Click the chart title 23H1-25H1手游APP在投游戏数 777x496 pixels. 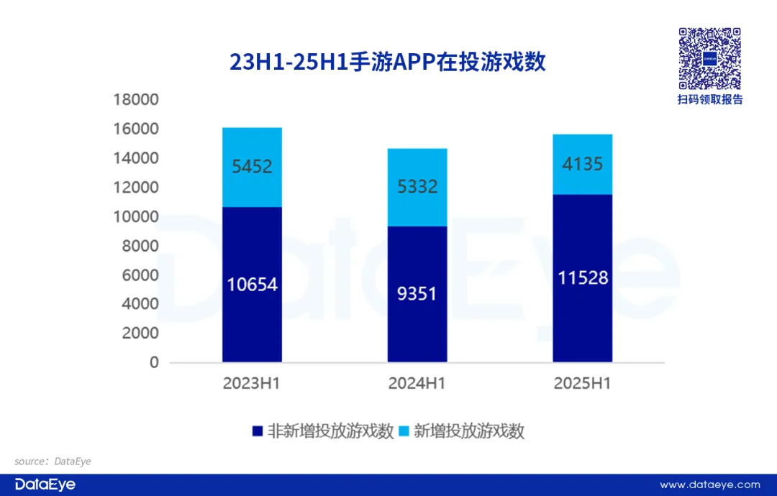point(388,63)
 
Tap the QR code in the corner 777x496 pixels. point(709,58)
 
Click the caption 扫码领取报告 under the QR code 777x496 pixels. point(709,100)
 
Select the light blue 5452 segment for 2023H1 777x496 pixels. point(252,167)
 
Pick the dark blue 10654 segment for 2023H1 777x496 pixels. point(252,285)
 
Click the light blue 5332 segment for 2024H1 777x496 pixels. point(417,187)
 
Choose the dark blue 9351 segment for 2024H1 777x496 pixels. point(417,293)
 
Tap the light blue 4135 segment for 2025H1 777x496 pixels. point(582,164)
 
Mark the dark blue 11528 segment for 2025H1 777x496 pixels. point(582,277)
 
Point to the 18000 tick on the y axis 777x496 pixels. point(136,99)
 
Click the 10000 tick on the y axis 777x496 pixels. point(136,216)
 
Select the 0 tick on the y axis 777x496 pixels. point(154,362)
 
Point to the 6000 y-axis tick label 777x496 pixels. point(140,275)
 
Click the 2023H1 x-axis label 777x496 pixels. point(252,384)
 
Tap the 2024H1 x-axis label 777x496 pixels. point(417,384)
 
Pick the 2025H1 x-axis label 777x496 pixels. point(582,384)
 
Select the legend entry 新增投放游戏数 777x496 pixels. point(468,431)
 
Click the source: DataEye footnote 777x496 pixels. point(53,461)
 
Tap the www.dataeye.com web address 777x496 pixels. point(709,484)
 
